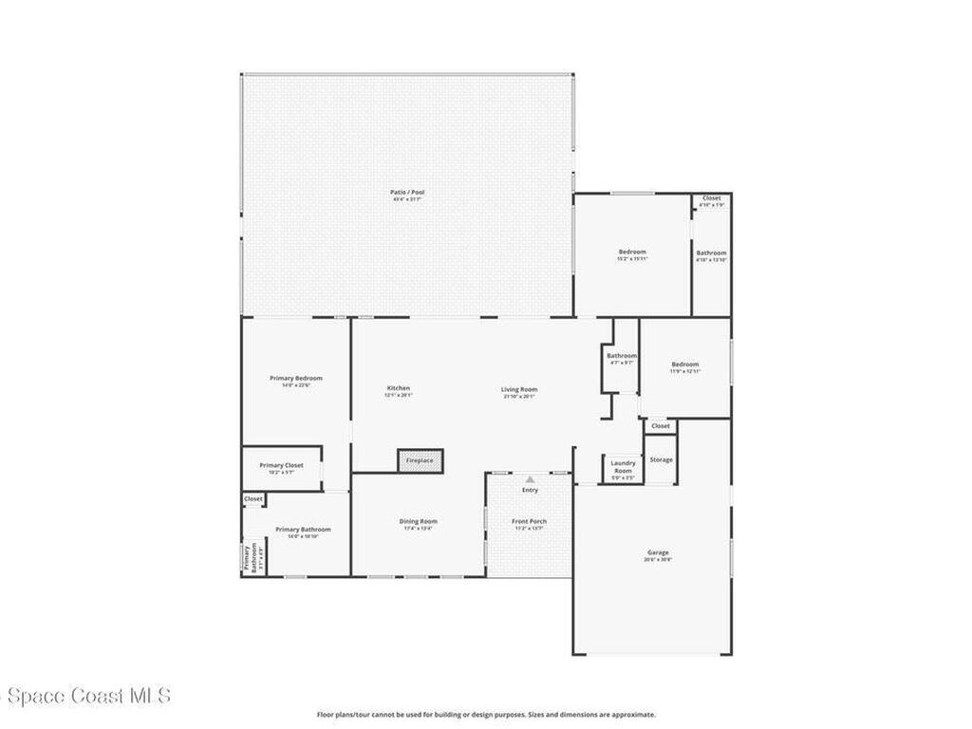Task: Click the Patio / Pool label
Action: point(407,193)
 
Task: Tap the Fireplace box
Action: point(420,460)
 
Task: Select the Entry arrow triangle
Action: point(530,479)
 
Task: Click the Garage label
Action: point(658,552)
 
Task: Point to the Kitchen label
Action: point(398,388)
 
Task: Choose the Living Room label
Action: point(519,389)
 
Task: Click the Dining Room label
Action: point(418,521)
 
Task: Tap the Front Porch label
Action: point(529,521)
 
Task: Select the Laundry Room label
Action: point(623,466)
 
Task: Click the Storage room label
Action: point(661,459)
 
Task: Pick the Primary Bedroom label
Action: point(295,378)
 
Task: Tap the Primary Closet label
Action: point(281,465)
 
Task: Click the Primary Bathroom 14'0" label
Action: point(303,530)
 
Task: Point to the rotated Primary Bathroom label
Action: point(250,557)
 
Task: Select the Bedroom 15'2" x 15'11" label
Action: point(632,252)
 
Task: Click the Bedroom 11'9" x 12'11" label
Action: point(684,364)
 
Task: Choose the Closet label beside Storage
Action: point(661,426)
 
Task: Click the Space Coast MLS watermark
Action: point(85,696)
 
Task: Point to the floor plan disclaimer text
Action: point(485,715)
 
